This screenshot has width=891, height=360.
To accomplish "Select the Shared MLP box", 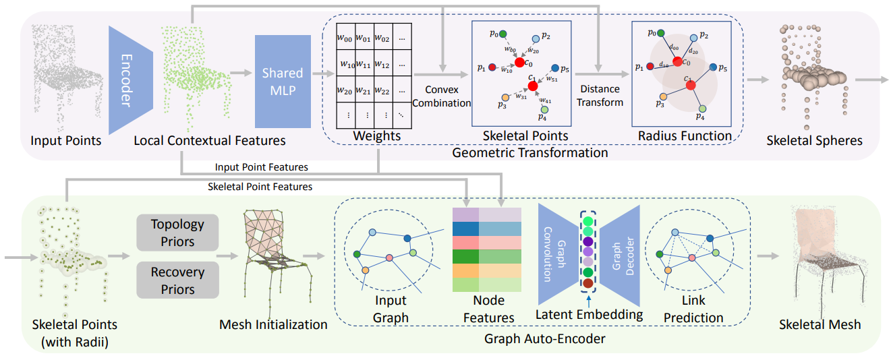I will pos(283,82).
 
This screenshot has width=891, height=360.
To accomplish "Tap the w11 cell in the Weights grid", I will pos(365,65).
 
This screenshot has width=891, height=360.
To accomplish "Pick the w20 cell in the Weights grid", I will pos(346,90).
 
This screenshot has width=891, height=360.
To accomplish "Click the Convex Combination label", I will pos(441,96).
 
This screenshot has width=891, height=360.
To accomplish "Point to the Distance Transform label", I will pos(599,96).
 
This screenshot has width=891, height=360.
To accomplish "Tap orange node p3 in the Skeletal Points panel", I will pos(504,97).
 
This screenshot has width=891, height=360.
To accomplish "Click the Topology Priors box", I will pos(177,232).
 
